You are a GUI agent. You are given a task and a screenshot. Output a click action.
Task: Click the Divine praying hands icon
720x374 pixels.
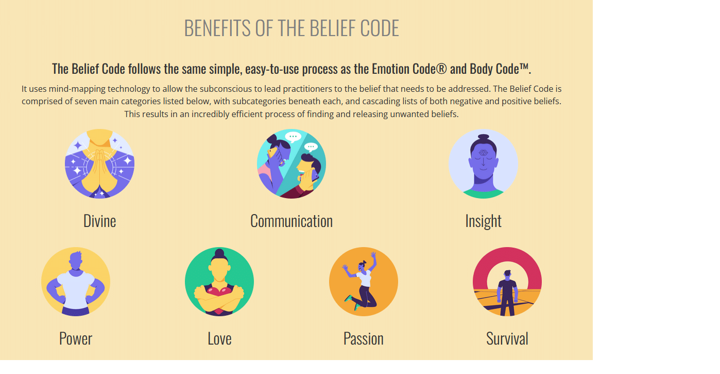point(99,164)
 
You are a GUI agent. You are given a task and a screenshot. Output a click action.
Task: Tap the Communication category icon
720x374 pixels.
point(292,164)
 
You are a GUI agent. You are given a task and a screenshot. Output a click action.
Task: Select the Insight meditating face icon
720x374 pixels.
point(483,164)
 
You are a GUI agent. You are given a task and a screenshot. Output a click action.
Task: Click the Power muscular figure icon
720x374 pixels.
point(76,282)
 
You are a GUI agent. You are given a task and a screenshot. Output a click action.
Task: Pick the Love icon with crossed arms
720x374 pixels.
point(219,282)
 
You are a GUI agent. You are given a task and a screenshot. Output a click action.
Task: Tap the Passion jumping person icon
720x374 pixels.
point(364,282)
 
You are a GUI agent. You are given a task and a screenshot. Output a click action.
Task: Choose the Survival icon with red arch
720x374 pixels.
point(507,282)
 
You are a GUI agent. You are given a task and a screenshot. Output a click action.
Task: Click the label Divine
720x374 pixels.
point(99,221)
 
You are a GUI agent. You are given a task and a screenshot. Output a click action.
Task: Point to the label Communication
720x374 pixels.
point(292,221)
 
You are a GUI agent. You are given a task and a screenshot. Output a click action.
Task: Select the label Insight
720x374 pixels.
point(483,221)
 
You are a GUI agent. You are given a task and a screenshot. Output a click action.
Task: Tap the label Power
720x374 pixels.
point(76,339)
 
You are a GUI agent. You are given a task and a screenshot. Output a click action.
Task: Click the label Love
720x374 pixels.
point(219,339)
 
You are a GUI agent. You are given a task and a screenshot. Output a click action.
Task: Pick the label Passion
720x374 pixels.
point(364,339)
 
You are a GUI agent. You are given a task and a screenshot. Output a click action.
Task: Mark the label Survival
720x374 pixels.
point(507,339)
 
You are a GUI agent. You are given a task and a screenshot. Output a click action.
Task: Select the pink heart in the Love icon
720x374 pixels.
point(219,292)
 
